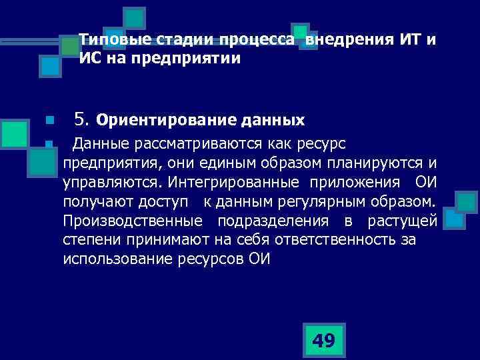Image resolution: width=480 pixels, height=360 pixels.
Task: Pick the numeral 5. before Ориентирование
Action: click(x=83, y=121)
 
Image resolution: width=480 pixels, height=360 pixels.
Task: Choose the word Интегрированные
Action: click(x=237, y=182)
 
